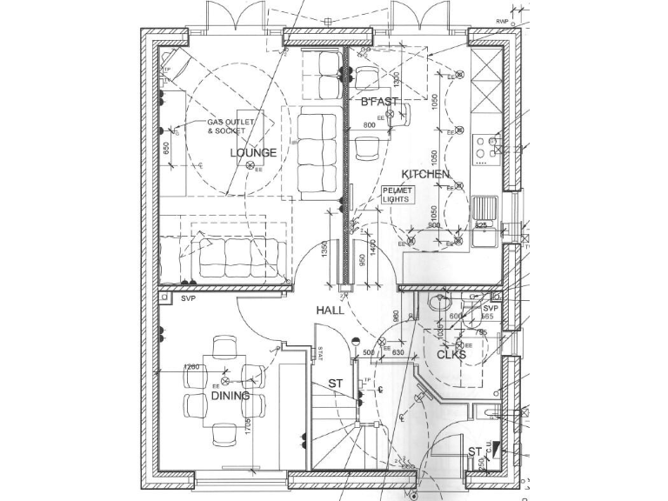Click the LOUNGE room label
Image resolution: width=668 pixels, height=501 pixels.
[x=253, y=153]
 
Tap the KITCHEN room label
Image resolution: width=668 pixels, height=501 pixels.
[x=425, y=175]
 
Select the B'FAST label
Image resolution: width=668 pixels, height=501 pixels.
[x=379, y=102]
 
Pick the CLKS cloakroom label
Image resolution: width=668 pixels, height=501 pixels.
[x=451, y=355]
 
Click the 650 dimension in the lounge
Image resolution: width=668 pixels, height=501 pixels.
[x=166, y=149]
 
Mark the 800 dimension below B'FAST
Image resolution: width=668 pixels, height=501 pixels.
[x=369, y=125]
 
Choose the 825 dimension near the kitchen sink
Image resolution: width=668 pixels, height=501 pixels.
[x=480, y=225]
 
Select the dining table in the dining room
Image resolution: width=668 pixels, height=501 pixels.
[x=225, y=387]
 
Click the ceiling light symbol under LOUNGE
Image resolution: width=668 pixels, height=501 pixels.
[x=250, y=165]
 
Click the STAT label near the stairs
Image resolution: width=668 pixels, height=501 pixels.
[x=320, y=354]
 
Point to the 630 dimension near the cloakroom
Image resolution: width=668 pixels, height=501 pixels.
[x=398, y=352]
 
